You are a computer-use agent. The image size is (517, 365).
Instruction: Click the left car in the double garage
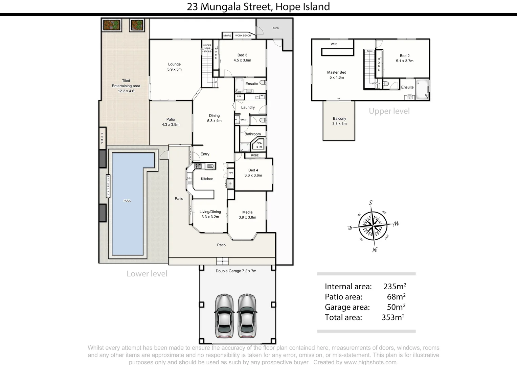pyautogui.click(x=224, y=316)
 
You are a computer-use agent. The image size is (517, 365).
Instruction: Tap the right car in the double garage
pyautogui.click(x=247, y=316)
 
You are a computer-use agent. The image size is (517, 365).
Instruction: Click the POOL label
pyautogui.click(x=127, y=201)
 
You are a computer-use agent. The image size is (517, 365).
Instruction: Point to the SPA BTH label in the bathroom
pyautogui.click(x=259, y=145)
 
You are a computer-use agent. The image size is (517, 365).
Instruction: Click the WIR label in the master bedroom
pyautogui.click(x=334, y=44)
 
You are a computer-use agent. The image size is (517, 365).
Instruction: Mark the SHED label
pyautogui.click(x=275, y=28)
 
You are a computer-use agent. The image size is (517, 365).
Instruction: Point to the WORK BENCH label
pyautogui.click(x=243, y=35)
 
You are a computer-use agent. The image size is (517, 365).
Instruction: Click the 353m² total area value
pyautogui.click(x=393, y=317)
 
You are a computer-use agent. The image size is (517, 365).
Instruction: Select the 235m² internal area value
pyautogui.click(x=395, y=287)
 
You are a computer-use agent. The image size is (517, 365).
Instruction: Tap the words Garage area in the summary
pyautogui.click(x=347, y=307)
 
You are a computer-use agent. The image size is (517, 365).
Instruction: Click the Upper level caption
pyautogui.click(x=389, y=111)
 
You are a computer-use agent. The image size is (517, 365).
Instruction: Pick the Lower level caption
pyautogui.click(x=147, y=274)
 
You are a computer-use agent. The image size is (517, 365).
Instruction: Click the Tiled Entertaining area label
pyautogui.click(x=126, y=86)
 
